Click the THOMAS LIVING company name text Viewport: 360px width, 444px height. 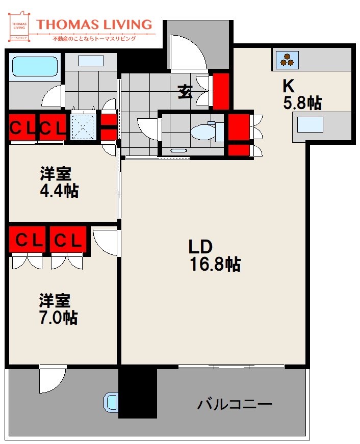pyautogui.click(x=95, y=24)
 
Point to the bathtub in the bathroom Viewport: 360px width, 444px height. pyautogui.click(x=34, y=66)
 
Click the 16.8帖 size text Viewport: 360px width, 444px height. pyautogui.click(x=214, y=264)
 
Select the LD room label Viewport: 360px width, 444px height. pyautogui.click(x=200, y=247)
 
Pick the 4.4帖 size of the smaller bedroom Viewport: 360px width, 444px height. pyautogui.click(x=59, y=191)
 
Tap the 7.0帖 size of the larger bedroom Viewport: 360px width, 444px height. pyautogui.click(x=58, y=317)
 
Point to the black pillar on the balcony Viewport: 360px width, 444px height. pyautogui.click(x=137, y=393)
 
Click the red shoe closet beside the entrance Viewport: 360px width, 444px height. pyautogui.click(x=221, y=91)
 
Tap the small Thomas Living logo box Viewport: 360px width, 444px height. pyautogui.click(x=19, y=28)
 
